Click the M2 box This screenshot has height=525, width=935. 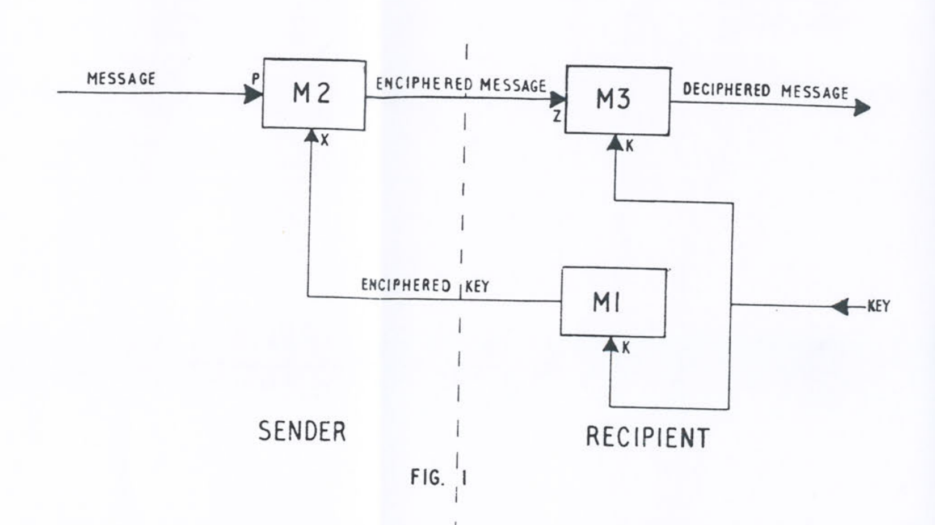(x=314, y=94)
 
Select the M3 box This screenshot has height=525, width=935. (x=618, y=101)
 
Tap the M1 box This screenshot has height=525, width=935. (x=613, y=302)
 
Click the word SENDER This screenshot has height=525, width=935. (x=302, y=431)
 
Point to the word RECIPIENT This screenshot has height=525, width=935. (x=647, y=438)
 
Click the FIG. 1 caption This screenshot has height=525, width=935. (x=438, y=478)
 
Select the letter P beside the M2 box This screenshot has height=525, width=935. (x=255, y=79)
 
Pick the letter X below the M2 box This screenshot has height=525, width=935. (x=325, y=140)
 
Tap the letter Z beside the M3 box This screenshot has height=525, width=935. (x=557, y=117)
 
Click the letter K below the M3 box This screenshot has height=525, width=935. (x=629, y=146)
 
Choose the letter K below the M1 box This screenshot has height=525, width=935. (x=626, y=348)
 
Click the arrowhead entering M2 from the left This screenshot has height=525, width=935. (x=253, y=94)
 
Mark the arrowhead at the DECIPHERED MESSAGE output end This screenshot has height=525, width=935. (x=861, y=107)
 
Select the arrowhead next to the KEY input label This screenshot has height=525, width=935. (x=841, y=307)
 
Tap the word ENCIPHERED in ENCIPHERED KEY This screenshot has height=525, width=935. (x=406, y=285)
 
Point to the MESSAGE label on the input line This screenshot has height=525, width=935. (x=121, y=78)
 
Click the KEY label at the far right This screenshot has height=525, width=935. (x=879, y=306)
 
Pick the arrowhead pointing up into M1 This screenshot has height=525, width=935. (x=610, y=344)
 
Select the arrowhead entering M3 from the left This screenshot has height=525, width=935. (x=558, y=99)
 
